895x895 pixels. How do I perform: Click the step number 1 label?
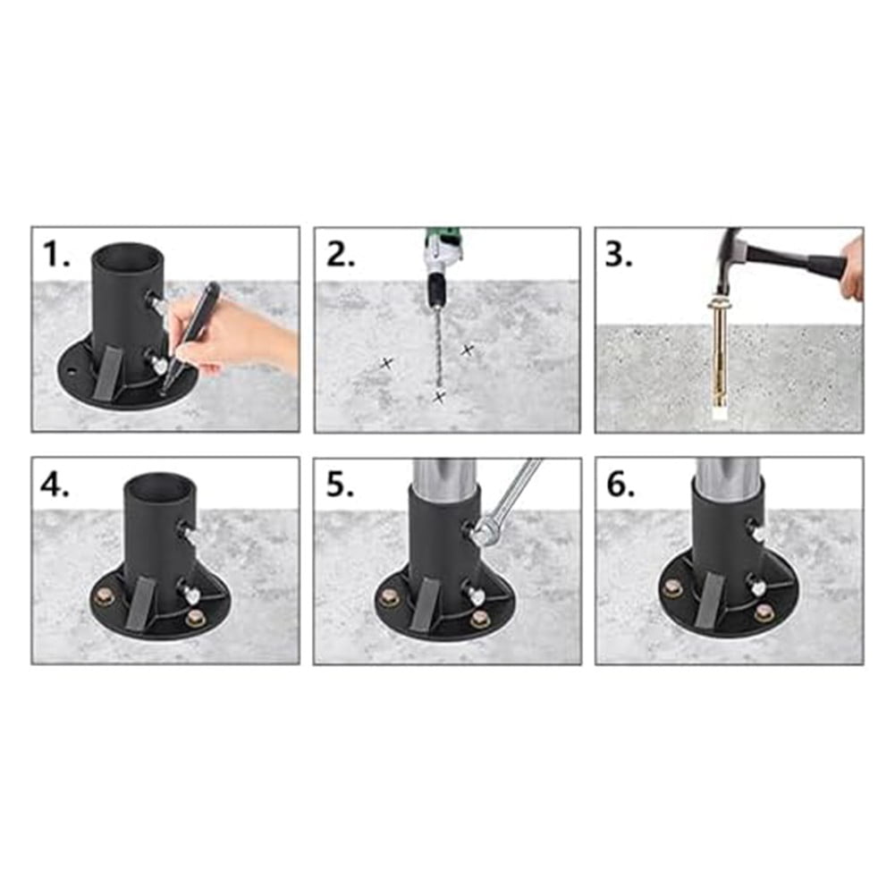pyautogui.click(x=56, y=254)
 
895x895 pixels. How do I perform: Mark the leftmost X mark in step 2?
pyautogui.click(x=386, y=363)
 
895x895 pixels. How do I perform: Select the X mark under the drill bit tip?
pyautogui.click(x=439, y=396)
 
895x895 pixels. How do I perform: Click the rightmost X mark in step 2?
pyautogui.click(x=467, y=350)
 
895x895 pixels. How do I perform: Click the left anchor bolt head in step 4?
pyautogui.click(x=105, y=597)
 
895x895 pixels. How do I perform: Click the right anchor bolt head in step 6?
pyautogui.click(x=763, y=612)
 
